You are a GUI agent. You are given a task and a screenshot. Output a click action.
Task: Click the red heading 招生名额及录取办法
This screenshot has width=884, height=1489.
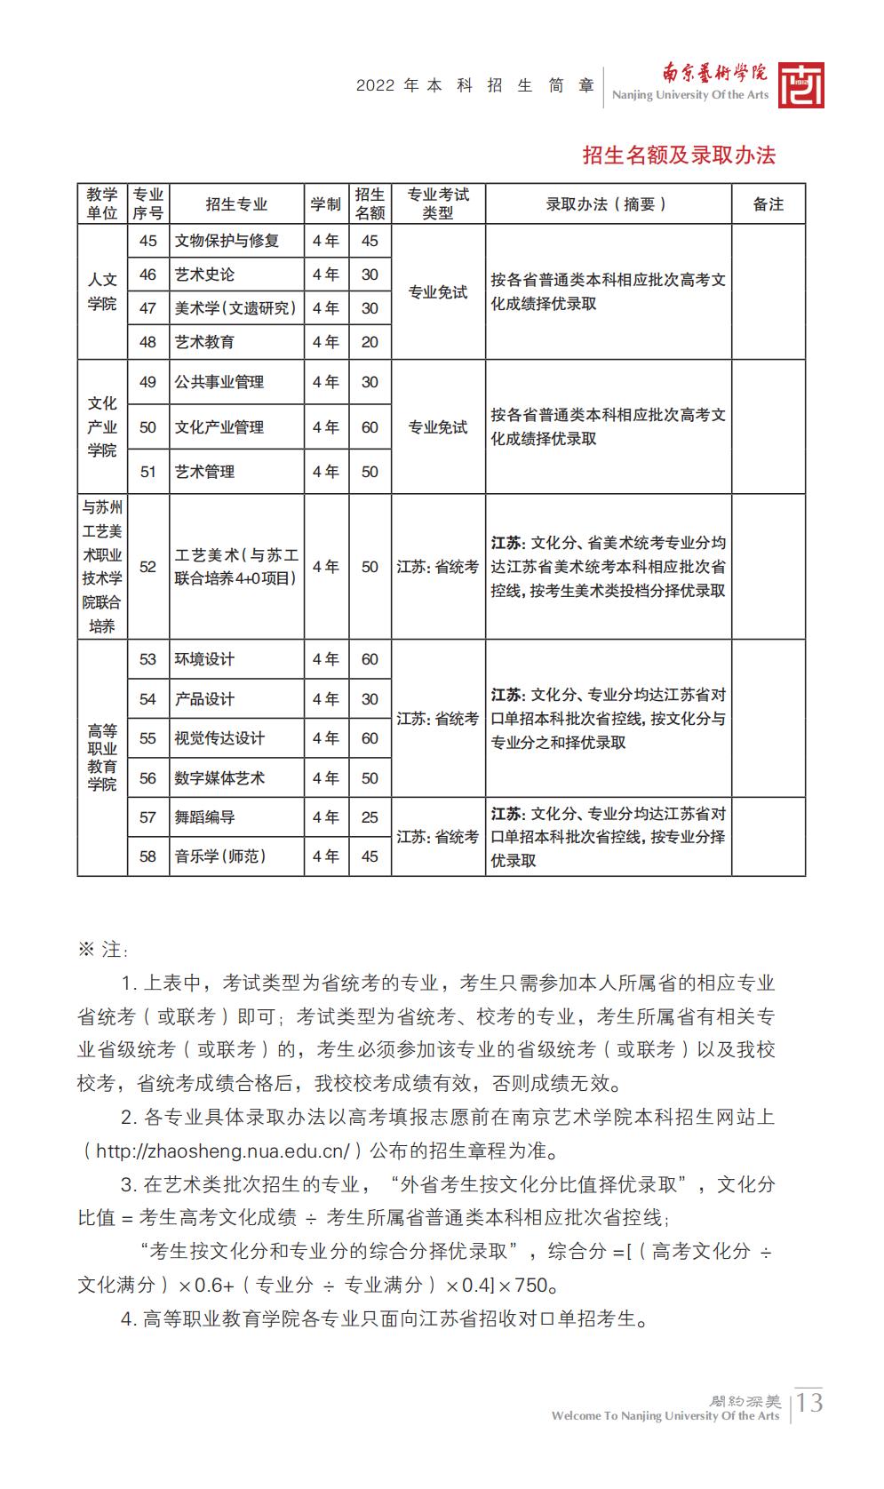pyautogui.click(x=679, y=155)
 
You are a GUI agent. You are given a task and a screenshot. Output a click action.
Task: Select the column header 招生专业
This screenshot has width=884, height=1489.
pyautogui.click(x=236, y=204)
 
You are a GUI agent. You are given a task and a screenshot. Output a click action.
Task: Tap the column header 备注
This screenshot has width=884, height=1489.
pyautogui.click(x=768, y=204)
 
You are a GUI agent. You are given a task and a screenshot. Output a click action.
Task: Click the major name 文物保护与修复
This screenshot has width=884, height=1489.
pyautogui.click(x=227, y=241)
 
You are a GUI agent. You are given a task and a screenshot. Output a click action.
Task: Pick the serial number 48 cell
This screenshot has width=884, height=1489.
pyautogui.click(x=147, y=342)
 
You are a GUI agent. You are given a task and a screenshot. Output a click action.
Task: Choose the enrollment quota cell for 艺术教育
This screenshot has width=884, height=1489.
pyautogui.click(x=370, y=342)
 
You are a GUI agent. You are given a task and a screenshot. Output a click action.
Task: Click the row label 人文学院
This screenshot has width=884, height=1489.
pyautogui.click(x=102, y=291)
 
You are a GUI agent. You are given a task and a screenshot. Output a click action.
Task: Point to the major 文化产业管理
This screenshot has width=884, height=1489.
pyautogui.click(x=219, y=427)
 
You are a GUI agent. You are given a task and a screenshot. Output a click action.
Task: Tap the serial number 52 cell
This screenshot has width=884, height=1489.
pyautogui.click(x=147, y=567)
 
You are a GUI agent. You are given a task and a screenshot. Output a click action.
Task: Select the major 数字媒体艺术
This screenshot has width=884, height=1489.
pyautogui.click(x=219, y=778)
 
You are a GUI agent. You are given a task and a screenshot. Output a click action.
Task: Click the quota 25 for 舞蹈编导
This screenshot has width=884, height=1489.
pyautogui.click(x=370, y=817)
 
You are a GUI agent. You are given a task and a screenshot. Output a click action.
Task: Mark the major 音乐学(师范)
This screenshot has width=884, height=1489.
pyautogui.click(x=220, y=856)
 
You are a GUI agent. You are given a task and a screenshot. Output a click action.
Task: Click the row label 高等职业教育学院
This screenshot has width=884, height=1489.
pyautogui.click(x=102, y=757)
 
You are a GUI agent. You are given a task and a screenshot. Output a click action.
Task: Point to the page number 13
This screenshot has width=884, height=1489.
pyautogui.click(x=809, y=1404)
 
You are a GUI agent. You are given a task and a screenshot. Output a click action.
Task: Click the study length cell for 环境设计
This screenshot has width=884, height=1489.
pyautogui.click(x=325, y=659)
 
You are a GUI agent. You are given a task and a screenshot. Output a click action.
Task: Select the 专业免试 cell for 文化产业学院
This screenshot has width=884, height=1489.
pyautogui.click(x=437, y=427)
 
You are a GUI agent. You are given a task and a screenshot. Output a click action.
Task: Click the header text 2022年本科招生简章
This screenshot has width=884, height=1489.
pyautogui.click(x=475, y=86)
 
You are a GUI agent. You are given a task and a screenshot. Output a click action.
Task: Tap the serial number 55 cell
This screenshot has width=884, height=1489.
pyautogui.click(x=147, y=738)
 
